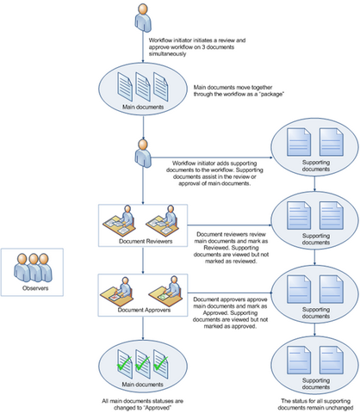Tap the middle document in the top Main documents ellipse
(140, 86)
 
